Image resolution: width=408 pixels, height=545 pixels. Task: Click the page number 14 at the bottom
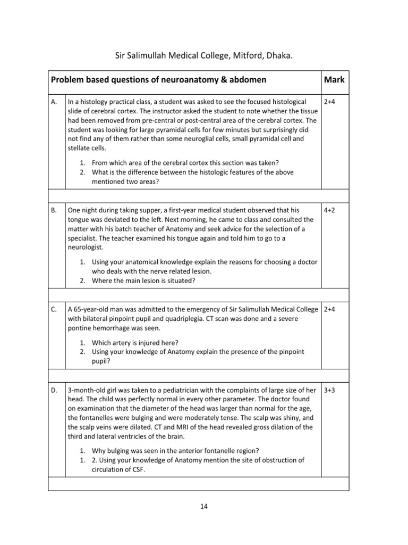[x=204, y=506]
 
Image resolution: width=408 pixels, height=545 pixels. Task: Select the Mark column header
[x=334, y=80]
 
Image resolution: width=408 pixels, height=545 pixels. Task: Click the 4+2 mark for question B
[x=329, y=211]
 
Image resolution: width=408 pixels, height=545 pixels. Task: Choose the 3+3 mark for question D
[x=329, y=391]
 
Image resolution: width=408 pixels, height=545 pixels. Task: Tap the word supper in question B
[x=145, y=211]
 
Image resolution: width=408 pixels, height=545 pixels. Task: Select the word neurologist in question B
[x=86, y=247]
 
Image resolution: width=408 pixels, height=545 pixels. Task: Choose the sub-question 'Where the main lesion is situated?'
[x=143, y=280]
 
